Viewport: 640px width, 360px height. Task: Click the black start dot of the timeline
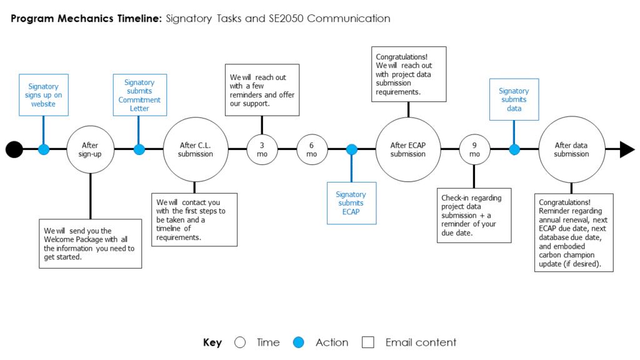14,149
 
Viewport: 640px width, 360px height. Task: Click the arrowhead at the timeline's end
627,149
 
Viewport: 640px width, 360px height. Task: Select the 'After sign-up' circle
90,149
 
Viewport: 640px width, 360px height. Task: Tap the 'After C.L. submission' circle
195,149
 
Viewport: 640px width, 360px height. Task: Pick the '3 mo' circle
262,149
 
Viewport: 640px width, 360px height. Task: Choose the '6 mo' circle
311,149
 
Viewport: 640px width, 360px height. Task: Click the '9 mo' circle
474,149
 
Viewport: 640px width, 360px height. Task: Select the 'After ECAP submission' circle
407,149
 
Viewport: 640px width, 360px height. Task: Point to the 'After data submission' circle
571,149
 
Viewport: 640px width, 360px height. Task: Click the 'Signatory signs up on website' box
44,95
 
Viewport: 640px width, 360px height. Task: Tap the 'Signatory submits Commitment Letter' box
139,95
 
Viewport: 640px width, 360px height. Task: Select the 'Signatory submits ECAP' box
351,203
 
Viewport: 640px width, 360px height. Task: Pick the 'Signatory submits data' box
514,99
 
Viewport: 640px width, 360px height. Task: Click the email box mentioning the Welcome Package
90,243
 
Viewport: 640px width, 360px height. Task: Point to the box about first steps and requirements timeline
194,219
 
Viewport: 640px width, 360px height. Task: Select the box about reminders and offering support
262,91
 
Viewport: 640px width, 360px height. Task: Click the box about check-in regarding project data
475,215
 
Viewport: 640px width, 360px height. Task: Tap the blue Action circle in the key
299,342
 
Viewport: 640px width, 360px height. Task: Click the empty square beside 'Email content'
368,342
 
